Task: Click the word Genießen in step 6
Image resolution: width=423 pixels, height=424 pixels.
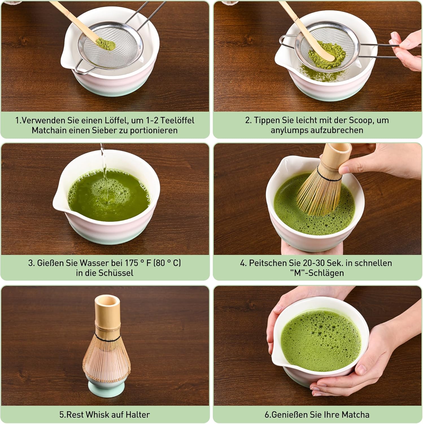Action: [x=289, y=415]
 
